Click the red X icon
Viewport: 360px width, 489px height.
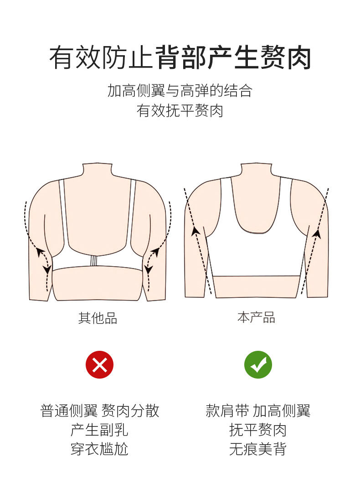pyautogui.click(x=99, y=364)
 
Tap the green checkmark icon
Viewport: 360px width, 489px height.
pyautogui.click(x=258, y=364)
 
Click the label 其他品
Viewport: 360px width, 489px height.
pyautogui.click(x=98, y=318)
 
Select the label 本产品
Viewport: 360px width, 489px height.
pyautogui.click(x=256, y=317)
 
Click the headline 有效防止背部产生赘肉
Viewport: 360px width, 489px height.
pyautogui.click(x=180, y=57)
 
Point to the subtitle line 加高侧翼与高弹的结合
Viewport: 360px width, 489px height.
pyautogui.click(x=180, y=90)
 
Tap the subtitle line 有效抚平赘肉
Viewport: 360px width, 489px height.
pyautogui.click(x=180, y=111)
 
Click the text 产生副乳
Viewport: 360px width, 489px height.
pyautogui.click(x=99, y=430)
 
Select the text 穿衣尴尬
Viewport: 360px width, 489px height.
pyautogui.click(x=99, y=449)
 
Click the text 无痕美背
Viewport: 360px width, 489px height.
pyautogui.click(x=258, y=449)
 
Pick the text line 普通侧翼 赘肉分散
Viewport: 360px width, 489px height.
pyautogui.click(x=100, y=411)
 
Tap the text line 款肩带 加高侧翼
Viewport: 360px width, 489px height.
pyautogui.click(x=258, y=411)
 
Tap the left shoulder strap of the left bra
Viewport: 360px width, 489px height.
pyautogui.click(x=63, y=210)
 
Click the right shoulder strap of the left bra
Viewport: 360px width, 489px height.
pyautogui.click(x=133, y=210)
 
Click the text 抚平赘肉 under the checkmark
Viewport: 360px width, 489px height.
pyautogui.click(x=258, y=430)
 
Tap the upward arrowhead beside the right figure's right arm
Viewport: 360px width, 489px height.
pyautogui.click(x=317, y=234)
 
